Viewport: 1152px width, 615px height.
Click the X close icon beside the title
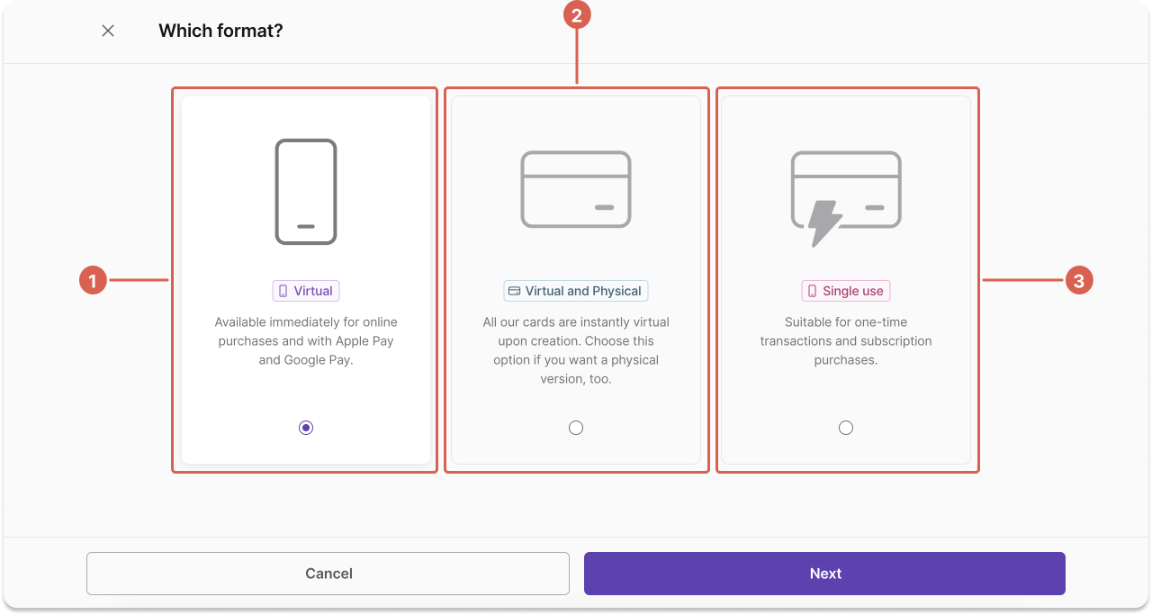[x=108, y=31]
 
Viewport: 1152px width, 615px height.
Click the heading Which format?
[x=220, y=31]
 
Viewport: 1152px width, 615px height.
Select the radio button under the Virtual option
[x=306, y=428]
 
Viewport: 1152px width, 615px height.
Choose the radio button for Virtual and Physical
[x=576, y=428]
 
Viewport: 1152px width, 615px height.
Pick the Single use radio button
[x=846, y=428]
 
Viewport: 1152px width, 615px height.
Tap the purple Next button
[x=824, y=574]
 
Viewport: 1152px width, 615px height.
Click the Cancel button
[x=328, y=574]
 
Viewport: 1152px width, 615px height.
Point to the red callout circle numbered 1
[x=93, y=280]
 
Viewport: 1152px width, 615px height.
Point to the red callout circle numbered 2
[x=577, y=15]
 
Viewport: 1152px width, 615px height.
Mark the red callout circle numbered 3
[x=1079, y=280]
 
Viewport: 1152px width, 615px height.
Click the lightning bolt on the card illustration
[x=823, y=222]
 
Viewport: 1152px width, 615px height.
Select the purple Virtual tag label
[x=306, y=291]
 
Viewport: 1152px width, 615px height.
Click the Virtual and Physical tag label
[x=576, y=291]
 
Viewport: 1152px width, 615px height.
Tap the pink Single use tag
[x=846, y=291]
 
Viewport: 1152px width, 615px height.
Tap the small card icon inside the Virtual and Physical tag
[x=514, y=291]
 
